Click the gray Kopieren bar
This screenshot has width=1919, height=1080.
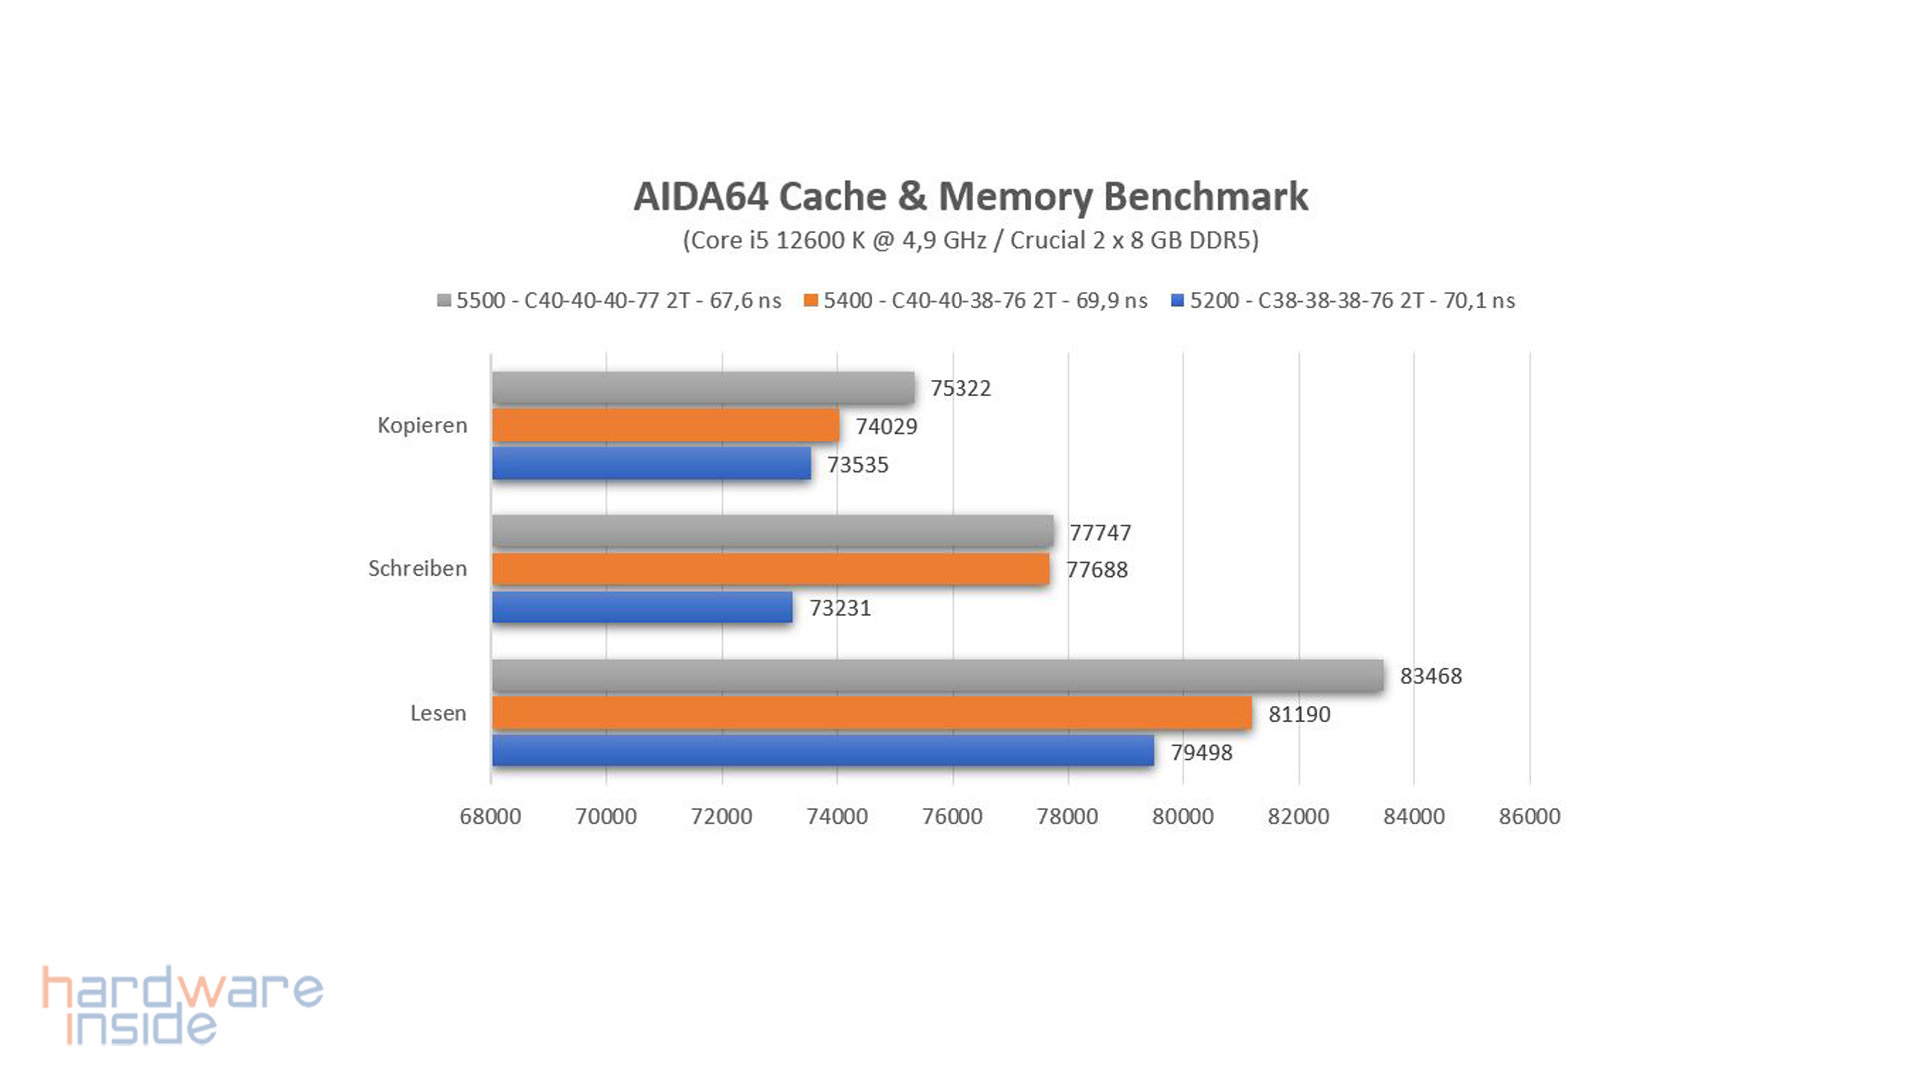pos(703,388)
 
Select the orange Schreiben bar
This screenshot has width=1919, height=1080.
pos(771,569)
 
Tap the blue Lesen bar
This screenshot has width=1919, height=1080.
pos(823,751)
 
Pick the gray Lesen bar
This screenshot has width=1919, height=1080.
pos(938,676)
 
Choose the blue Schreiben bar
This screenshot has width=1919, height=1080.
pos(642,607)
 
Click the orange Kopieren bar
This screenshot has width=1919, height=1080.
pos(665,426)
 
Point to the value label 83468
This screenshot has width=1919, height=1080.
pos(1430,676)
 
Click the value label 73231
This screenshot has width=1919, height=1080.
pos(840,608)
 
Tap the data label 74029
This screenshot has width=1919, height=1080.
pos(886,427)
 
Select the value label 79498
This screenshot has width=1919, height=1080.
pos(1201,752)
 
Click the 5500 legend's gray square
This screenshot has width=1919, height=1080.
pos(444,301)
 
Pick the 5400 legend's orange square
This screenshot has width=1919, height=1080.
pos(811,301)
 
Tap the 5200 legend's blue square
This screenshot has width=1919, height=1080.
pos(1177,301)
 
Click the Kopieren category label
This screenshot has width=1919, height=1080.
pos(422,425)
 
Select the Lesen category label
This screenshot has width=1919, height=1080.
pos(438,713)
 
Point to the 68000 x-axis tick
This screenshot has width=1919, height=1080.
pos(490,816)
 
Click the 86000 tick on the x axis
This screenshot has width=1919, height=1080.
pos(1529,816)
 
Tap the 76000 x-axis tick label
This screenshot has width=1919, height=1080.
pos(952,816)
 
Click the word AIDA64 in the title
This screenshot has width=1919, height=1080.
pos(699,197)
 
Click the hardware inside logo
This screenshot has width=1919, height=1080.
pos(182,1005)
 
